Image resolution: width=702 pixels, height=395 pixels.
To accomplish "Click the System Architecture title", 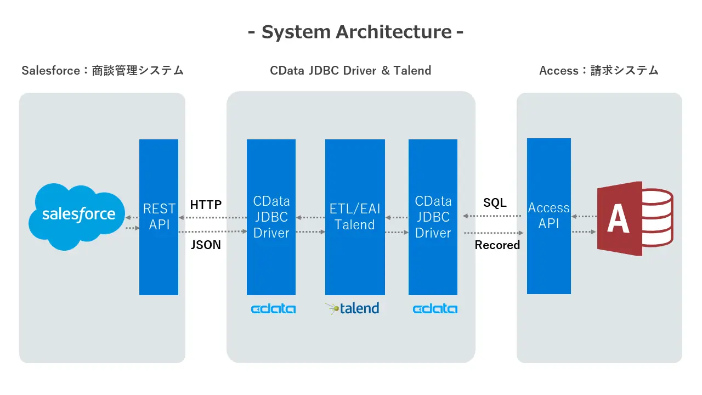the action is coord(355,32).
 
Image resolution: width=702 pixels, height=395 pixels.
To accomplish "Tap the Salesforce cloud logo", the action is coord(77,217).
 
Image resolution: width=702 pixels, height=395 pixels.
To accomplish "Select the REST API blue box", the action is coord(158,217).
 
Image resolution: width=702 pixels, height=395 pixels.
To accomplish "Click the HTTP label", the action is coord(206,205).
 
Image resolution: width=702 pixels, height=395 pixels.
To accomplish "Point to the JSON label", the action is coord(206,245).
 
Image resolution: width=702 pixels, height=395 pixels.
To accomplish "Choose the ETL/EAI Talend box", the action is coord(355,217).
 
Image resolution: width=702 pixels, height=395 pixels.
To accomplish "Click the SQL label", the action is coord(495,202).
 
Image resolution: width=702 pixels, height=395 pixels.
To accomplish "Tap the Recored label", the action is coord(497,245).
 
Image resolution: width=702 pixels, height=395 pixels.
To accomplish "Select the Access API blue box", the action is coord(549,216).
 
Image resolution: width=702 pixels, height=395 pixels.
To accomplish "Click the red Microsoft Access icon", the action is coord(635,218).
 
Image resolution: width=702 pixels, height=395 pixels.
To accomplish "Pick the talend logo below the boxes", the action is coord(352,308).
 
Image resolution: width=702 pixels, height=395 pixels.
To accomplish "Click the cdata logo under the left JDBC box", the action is coord(273,309).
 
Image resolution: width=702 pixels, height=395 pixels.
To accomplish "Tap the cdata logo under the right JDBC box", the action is coord(435,309).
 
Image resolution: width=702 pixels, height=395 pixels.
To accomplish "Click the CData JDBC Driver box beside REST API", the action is coord(271,217).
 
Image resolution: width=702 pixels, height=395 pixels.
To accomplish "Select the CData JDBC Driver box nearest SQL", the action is coord(433,217).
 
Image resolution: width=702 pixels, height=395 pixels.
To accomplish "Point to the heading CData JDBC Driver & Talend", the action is coord(350,71).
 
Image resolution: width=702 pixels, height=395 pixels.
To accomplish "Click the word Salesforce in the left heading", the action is coord(50,71).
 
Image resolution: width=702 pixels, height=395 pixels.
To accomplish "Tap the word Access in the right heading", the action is coord(559,71).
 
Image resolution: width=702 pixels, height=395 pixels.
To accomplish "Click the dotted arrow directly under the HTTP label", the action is coord(212,218).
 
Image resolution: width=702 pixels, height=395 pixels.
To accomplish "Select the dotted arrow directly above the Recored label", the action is coord(494,233).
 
